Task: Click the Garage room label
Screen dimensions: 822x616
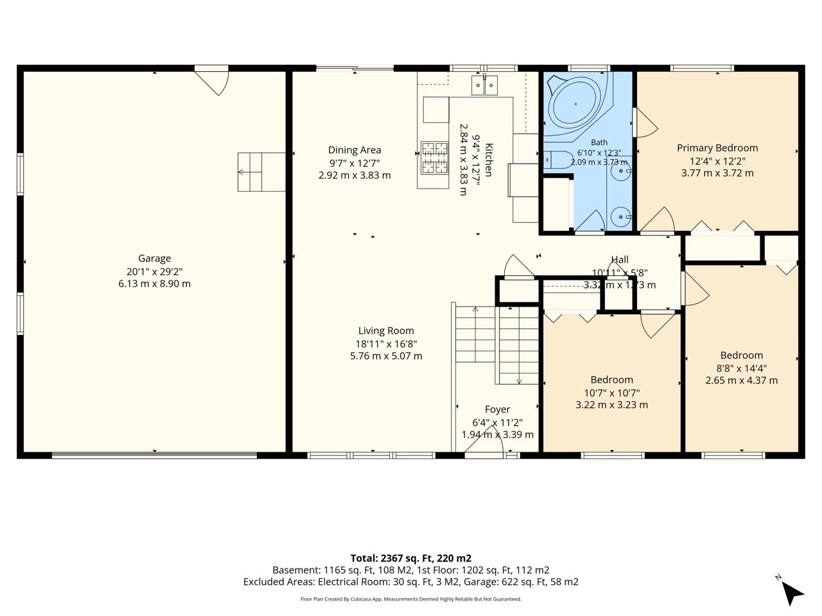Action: [154, 259]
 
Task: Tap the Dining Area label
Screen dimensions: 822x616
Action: [354, 150]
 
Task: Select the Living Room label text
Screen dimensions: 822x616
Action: [386, 330]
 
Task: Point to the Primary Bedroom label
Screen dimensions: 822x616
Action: [717, 148]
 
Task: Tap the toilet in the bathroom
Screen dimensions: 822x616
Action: [558, 160]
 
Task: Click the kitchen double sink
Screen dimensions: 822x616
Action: [485, 85]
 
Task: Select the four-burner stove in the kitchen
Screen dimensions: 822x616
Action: [434, 157]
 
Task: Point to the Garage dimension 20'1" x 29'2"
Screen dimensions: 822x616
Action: [154, 271]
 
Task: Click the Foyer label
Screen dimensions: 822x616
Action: [497, 409]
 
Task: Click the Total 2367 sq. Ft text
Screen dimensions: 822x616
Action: [411, 558]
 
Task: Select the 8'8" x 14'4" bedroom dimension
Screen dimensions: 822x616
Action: [742, 368]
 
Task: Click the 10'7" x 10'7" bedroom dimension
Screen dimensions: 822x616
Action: [612, 393]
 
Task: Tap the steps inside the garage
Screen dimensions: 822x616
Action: [261, 172]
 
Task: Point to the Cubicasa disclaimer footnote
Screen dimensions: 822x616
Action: [411, 599]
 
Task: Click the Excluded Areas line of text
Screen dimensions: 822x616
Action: [411, 582]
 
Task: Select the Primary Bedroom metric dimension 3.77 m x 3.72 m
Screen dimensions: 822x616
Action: [717, 173]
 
